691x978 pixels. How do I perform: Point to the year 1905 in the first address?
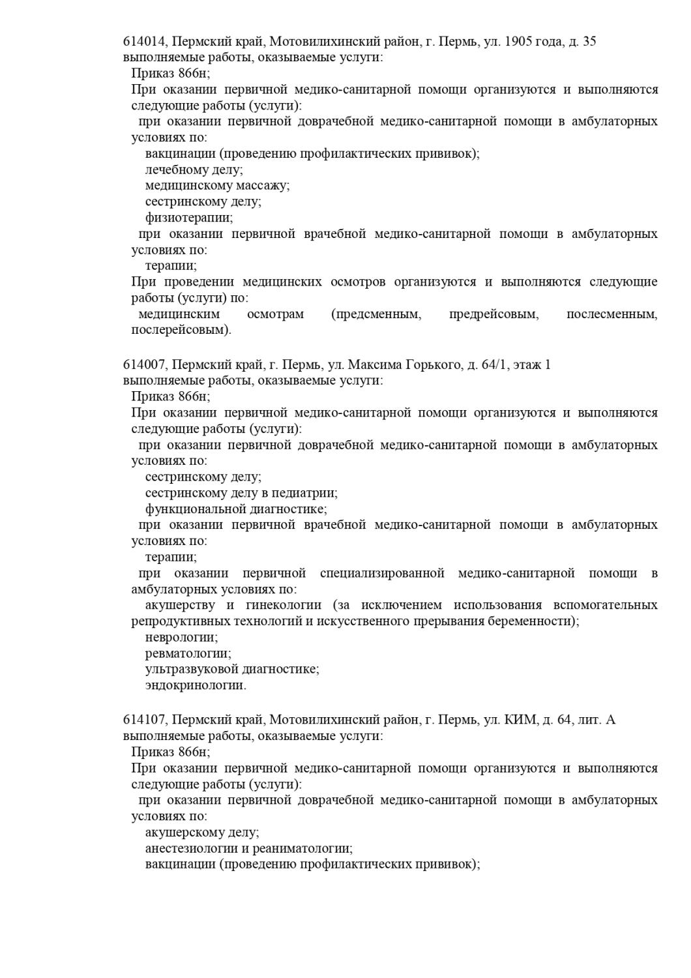[x=519, y=42]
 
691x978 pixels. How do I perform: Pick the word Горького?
[x=434, y=364]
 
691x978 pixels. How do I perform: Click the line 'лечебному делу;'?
[x=194, y=170]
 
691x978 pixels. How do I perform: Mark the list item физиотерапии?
[x=189, y=218]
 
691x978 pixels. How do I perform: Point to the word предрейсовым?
[x=493, y=314]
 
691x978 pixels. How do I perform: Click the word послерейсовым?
[x=181, y=330]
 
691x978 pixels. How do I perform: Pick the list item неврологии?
[x=181, y=637]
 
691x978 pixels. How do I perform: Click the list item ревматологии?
[x=188, y=653]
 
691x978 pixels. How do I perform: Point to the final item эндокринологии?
[x=195, y=685]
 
